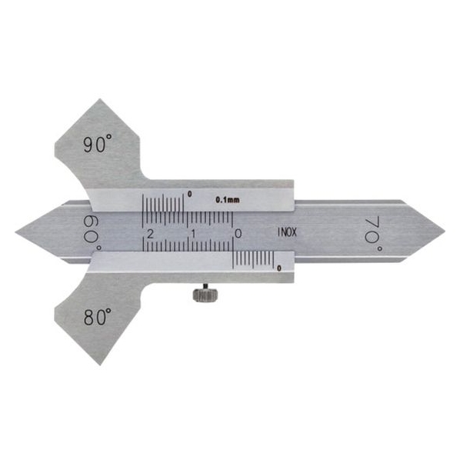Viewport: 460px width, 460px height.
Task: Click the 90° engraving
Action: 98,143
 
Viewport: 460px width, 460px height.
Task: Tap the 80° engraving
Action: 98,317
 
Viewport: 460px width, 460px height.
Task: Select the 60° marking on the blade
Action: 92,234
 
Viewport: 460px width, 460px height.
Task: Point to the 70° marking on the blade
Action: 373,234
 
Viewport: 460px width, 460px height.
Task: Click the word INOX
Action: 287,232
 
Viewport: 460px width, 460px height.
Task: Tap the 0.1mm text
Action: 228,200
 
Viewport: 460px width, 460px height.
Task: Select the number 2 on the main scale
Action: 150,234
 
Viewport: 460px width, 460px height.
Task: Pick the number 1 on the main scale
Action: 193,234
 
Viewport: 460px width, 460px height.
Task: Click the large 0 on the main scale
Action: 238,234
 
